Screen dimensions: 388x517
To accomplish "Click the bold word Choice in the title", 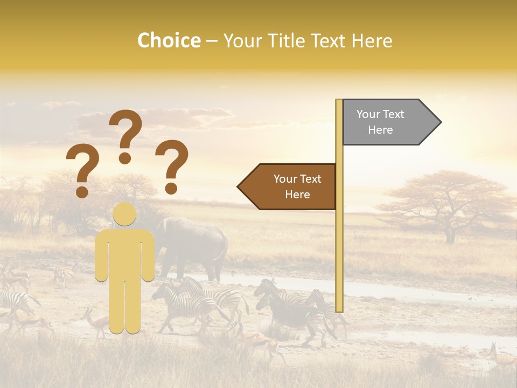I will [x=169, y=40].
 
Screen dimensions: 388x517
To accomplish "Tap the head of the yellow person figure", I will [x=125, y=214].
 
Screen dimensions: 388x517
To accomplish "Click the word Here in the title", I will [x=372, y=40].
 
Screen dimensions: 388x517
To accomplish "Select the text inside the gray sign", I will [x=380, y=122].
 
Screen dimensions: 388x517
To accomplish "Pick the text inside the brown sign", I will [x=297, y=186].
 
